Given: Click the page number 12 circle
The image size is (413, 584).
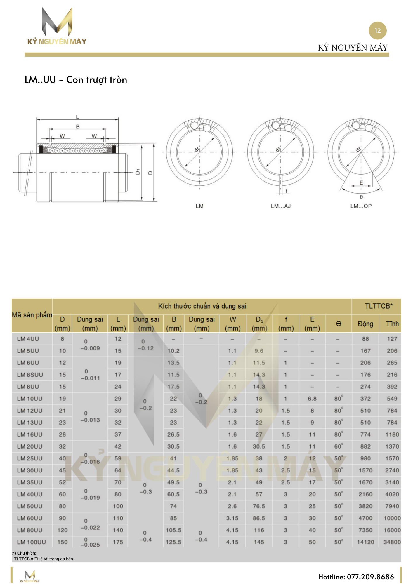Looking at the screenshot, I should tap(377, 30).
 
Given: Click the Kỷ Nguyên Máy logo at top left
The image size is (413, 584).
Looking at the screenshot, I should tap(57, 26).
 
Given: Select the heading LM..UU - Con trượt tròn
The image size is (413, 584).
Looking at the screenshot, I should tap(76, 80).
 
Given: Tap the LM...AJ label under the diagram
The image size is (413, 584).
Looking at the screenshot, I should tap(281, 206).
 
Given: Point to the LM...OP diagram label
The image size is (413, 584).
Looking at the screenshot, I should tap(361, 206).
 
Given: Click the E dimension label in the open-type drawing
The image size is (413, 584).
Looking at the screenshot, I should tap(361, 183).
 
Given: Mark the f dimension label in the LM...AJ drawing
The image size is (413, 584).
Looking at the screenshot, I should tap(287, 191).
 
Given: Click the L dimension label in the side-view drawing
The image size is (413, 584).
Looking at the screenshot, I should tap(77, 117).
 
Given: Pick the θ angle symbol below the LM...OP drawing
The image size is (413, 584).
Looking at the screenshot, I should tap(361, 197).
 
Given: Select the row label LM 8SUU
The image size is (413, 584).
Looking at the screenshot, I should tap(30, 375).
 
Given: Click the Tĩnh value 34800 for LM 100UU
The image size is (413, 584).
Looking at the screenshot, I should tap(392, 542).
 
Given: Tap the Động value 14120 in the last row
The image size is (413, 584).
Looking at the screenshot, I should tap(365, 542).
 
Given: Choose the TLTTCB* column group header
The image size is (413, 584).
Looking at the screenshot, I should tap(379, 306).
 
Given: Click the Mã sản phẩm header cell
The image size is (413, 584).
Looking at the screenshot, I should tap(32, 315).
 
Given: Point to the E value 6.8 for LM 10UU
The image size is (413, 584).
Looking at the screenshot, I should tap(312, 399).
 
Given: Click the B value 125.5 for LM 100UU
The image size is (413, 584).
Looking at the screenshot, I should tap(173, 542).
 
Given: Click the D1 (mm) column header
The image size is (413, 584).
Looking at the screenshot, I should tap(259, 324).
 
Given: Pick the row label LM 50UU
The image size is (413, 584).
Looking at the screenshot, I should tap(29, 506).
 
